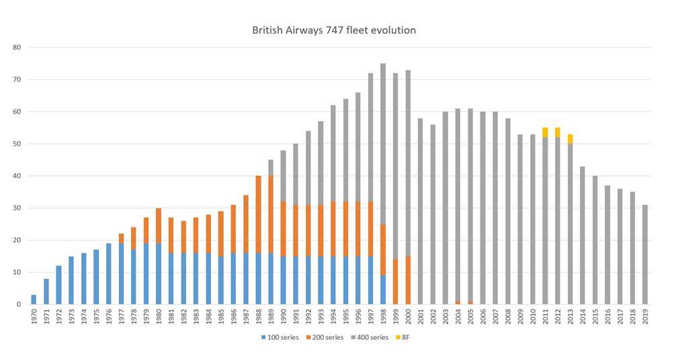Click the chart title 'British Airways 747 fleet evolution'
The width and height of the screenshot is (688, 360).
click(334, 30)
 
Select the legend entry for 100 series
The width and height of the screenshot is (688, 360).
click(279, 337)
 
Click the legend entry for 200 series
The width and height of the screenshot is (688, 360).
click(325, 337)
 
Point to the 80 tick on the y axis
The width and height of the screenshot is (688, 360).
click(17, 48)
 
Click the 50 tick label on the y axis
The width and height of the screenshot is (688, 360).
click(17, 144)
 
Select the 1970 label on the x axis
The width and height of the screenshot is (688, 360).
click(34, 317)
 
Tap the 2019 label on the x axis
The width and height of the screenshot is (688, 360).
click(646, 317)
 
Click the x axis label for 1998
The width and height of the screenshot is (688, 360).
click(383, 317)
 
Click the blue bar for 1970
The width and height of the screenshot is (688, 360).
click(34, 300)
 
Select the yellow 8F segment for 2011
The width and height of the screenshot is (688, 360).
click(546, 132)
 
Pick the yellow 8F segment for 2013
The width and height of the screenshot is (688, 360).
click(570, 139)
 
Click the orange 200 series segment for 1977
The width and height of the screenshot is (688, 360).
click(122, 238)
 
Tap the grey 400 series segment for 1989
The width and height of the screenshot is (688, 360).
click(271, 168)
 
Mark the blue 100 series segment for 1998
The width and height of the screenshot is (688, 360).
click(383, 289)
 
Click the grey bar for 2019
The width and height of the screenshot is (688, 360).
click(646, 255)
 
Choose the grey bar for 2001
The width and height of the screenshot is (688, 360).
click(421, 212)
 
